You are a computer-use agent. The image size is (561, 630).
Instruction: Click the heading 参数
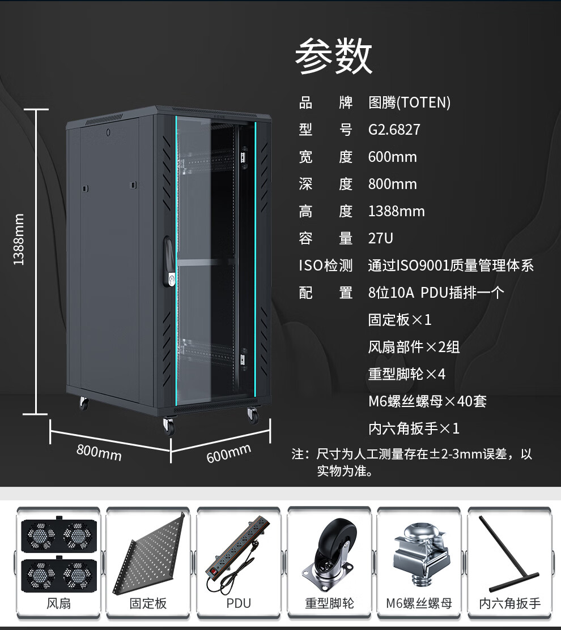[334, 56]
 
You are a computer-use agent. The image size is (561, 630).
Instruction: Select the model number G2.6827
[394, 130]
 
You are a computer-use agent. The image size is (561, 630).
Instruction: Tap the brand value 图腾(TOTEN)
[409, 102]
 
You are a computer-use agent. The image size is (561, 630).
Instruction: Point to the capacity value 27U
[380, 238]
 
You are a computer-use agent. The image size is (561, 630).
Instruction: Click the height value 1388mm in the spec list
[397, 211]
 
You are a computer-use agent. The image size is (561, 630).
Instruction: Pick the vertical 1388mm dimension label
[19, 239]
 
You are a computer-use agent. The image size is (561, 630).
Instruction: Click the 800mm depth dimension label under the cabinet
[99, 452]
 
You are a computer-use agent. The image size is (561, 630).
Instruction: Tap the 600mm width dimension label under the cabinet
[229, 453]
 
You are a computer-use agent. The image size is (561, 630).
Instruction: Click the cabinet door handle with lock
[169, 262]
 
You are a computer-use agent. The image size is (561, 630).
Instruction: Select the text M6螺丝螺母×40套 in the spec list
[427, 401]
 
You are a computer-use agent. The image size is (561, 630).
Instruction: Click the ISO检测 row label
[326, 265]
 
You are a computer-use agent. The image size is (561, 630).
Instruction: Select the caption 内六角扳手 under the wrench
[510, 603]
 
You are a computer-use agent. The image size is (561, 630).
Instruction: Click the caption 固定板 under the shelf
[148, 603]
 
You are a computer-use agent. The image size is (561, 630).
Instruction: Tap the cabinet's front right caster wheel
[253, 415]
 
